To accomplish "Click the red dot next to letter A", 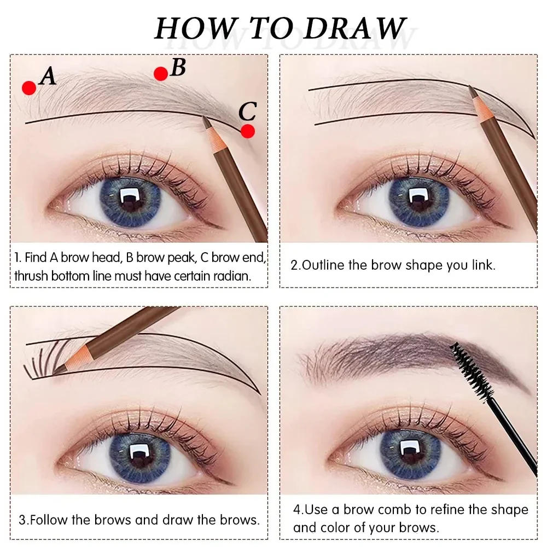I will tap(29, 88).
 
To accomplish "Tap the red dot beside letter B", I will tap(160, 73).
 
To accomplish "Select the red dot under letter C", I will tap(248, 131).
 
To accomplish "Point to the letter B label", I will tap(178, 67).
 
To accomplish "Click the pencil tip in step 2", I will tap(472, 89).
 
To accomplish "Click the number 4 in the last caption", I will tap(296, 510).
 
